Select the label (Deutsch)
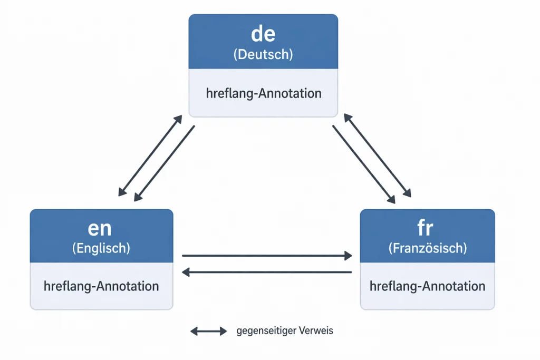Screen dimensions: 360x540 click(x=263, y=54)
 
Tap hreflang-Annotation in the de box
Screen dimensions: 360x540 click(x=263, y=93)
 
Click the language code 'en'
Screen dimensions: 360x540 click(x=100, y=228)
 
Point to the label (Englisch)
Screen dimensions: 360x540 click(x=101, y=248)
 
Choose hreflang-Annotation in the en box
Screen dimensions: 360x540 click(x=101, y=286)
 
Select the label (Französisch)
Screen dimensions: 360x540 click(x=427, y=248)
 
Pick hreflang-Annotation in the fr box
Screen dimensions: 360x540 click(x=427, y=286)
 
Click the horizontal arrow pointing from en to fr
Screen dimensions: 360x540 click(x=266, y=256)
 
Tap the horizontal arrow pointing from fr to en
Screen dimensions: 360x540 click(x=266, y=272)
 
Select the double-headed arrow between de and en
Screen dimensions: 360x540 click(x=150, y=155)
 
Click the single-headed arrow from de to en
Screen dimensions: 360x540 click(x=165, y=163)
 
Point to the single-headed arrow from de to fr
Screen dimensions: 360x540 click(x=364, y=164)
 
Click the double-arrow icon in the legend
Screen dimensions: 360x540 click(x=208, y=331)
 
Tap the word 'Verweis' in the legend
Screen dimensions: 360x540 click(x=316, y=331)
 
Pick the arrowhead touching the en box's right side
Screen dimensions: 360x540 click(x=186, y=272)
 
